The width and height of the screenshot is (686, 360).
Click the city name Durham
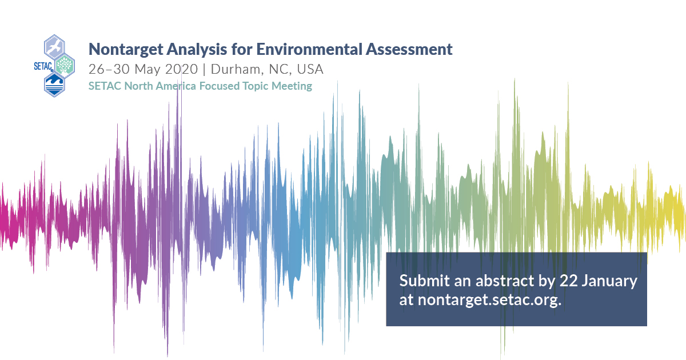point(236,70)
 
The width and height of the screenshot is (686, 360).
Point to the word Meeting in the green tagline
point(292,86)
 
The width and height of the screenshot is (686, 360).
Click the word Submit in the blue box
point(420,281)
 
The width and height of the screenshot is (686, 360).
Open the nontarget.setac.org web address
point(489,301)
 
